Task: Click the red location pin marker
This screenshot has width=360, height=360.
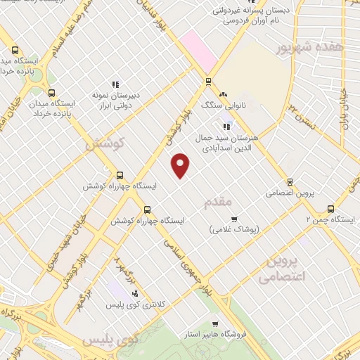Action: point(181,165)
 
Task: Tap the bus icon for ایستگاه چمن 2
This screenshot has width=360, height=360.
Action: point(331,208)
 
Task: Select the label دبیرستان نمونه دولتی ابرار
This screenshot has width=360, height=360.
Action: point(115,99)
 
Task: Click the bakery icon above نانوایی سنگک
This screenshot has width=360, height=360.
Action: point(224,94)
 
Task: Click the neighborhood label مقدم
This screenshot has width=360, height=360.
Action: point(218,202)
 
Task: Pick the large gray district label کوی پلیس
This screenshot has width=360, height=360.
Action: point(110,340)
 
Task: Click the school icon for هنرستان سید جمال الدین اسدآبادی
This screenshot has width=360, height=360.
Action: point(226,127)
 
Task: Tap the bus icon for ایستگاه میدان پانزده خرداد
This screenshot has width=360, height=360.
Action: point(51,93)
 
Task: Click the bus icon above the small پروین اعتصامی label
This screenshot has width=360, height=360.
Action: point(290,181)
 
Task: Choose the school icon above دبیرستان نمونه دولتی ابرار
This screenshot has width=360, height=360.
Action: point(115,84)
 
